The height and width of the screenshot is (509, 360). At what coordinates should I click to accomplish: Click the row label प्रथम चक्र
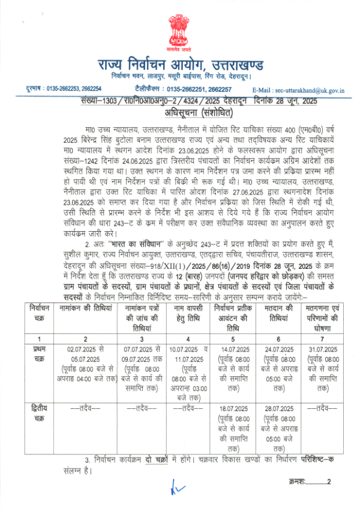pos(26,352)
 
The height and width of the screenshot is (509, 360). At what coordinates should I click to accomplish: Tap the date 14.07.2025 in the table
pos(232,349)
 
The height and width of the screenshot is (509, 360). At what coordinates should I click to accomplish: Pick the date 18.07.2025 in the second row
pos(232,408)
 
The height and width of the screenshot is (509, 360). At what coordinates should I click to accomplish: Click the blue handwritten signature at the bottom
pos(174,489)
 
